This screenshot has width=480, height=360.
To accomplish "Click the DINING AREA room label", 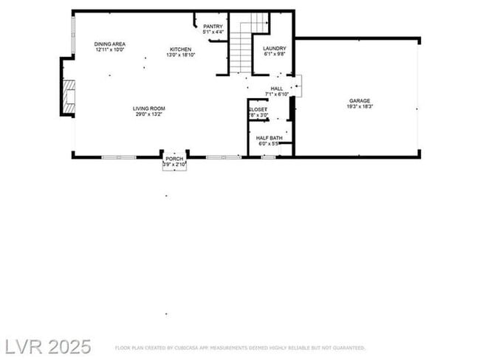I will pos(110,44).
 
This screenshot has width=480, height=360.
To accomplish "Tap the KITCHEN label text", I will pos(179,49).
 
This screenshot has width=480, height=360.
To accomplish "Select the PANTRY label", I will pos(213,27).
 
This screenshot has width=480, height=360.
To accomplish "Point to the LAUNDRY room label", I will pos(274,49).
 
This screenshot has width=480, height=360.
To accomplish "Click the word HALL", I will pos(277,89).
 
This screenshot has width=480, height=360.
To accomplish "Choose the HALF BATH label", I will pos(270,138).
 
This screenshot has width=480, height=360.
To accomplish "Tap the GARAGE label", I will pos(360,101).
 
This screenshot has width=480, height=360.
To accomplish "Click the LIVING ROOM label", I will pos(148,108).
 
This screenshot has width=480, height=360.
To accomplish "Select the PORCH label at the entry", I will pos(174,159).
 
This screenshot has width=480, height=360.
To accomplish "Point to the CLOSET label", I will pos(258,110).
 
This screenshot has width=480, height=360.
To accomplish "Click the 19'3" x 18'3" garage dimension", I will pos(360,107).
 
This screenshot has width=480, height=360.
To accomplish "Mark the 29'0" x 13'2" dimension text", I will pos(148,114).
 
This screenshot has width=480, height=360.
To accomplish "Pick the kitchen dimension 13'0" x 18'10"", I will pos(179,55).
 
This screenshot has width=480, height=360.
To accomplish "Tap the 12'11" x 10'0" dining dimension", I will pos(110,50).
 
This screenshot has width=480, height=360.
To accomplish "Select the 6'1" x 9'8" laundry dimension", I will pos(274,55).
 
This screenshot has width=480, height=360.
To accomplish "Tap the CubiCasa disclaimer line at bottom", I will pos(240,347).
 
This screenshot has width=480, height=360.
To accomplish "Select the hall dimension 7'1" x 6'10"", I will pos(277,94).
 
